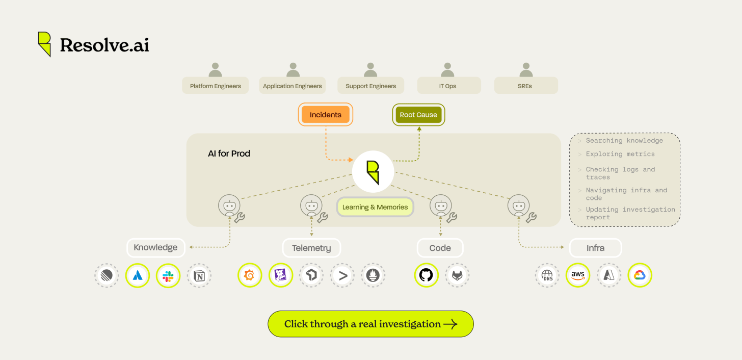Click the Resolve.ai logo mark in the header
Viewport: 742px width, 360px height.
point(45,44)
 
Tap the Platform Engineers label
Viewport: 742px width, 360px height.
point(215,86)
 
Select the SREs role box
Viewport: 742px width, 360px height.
point(525,86)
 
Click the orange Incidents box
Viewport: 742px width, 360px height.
point(325,115)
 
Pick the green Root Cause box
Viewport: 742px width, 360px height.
point(418,115)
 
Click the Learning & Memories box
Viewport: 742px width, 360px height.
point(375,207)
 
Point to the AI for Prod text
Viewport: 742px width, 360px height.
point(229,153)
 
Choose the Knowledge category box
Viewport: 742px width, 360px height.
point(155,248)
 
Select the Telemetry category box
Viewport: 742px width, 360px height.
point(311,248)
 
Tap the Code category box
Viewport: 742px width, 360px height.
point(440,248)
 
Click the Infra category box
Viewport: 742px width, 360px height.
point(595,248)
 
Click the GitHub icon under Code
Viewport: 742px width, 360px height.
point(426,276)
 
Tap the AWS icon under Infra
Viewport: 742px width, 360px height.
point(578,275)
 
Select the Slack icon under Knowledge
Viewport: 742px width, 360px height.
point(168,276)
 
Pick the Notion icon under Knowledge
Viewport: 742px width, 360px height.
point(199,276)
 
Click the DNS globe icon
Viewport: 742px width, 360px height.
point(547,276)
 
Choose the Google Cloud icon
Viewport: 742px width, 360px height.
point(640,275)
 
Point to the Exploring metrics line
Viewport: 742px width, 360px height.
point(620,154)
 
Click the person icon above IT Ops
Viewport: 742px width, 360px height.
point(448,69)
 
